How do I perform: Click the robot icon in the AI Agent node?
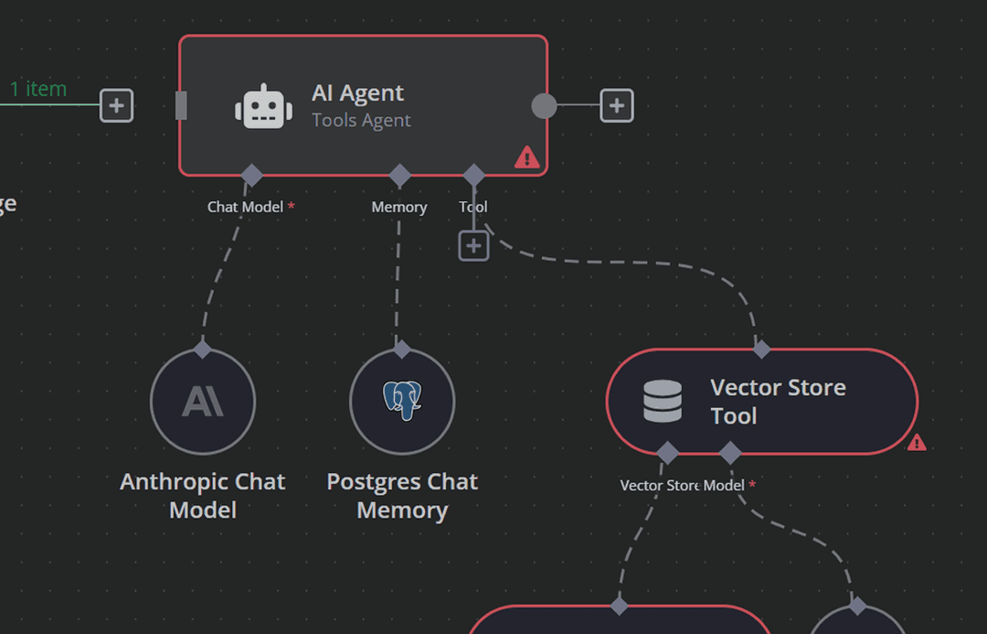(x=263, y=106)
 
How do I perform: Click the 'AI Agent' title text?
(x=357, y=92)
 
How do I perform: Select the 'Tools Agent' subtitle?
(x=361, y=121)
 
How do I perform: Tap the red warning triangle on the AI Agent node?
(x=527, y=157)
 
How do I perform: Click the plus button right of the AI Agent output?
(x=617, y=106)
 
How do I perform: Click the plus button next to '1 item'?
(x=116, y=106)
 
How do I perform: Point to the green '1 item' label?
(x=38, y=89)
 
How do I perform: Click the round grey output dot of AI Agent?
(x=544, y=106)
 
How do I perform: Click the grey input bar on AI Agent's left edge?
(x=181, y=106)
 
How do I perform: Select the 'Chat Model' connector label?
(x=245, y=207)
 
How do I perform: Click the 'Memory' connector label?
(x=398, y=207)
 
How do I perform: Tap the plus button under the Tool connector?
(x=473, y=245)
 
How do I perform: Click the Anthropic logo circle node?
(x=203, y=401)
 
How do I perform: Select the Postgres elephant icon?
(x=402, y=401)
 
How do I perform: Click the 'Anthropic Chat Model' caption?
(x=203, y=495)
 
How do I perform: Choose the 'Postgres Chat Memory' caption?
(x=402, y=495)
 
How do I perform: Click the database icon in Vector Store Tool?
(x=663, y=401)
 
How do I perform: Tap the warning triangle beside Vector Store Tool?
(x=917, y=443)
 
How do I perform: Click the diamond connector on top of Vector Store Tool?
(x=761, y=349)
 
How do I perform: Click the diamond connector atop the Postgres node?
(x=401, y=349)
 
